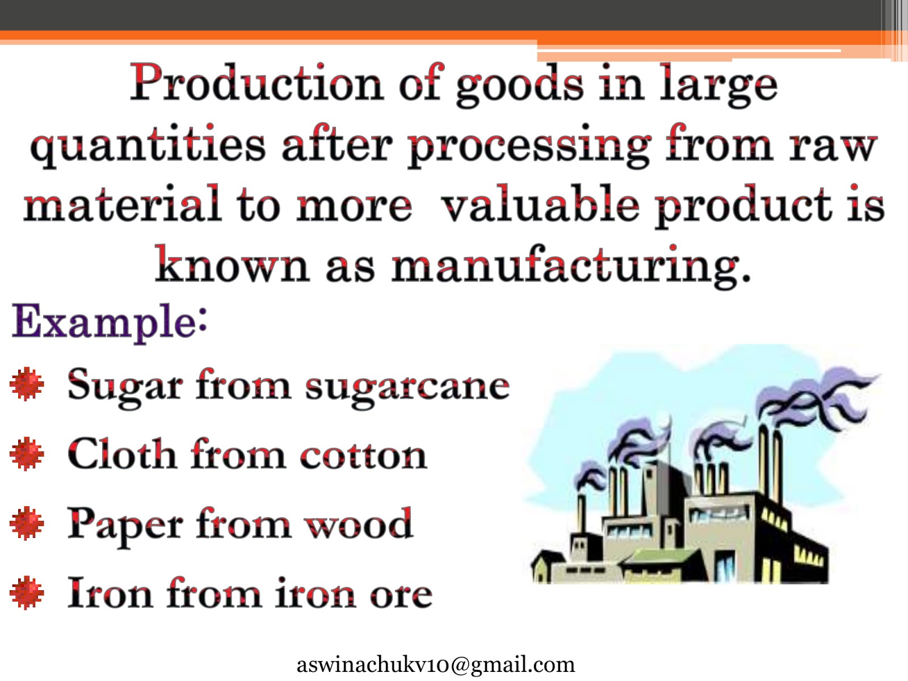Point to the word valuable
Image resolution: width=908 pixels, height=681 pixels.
pos(540,205)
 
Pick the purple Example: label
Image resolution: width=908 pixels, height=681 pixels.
pos(110,322)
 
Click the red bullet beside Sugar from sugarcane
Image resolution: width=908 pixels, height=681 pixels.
pos(27,384)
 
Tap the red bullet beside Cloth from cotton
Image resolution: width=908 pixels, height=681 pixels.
pos(27,454)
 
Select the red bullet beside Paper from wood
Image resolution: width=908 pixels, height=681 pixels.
pos(27,523)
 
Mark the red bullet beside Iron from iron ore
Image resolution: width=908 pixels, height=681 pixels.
pos(27,592)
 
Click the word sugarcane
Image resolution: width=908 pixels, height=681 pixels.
pos(407,387)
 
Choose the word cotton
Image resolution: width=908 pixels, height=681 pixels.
pos(363,456)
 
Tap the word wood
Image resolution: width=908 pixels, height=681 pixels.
pos(359,525)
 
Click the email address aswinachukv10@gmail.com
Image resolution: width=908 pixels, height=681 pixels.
pos(435,665)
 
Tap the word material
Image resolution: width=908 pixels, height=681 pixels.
pos(121,205)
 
